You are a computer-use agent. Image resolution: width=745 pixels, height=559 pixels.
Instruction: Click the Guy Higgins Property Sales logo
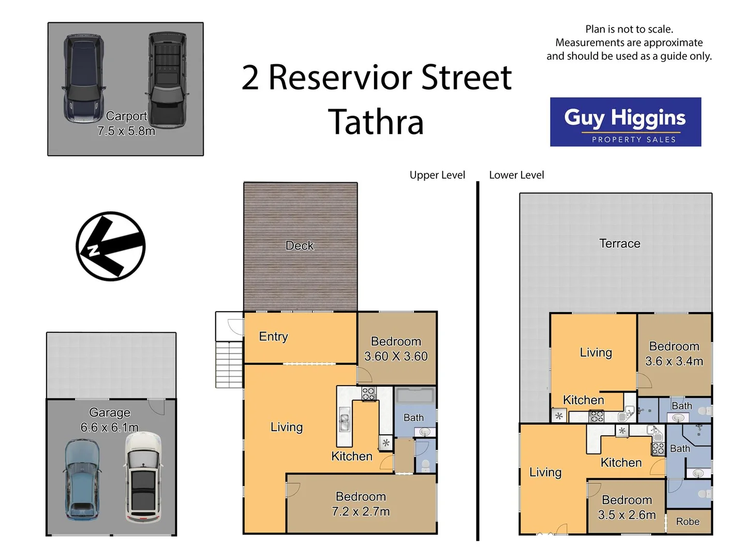click(625, 122)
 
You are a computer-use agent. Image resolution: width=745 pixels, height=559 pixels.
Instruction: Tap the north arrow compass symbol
click(110, 246)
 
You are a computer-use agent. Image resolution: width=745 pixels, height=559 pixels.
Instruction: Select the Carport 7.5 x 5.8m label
click(126, 124)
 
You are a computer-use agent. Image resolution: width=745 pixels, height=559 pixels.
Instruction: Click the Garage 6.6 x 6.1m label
click(109, 420)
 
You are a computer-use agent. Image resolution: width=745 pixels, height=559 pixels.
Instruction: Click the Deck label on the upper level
click(300, 246)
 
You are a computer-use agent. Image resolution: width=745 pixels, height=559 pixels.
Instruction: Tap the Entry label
click(273, 337)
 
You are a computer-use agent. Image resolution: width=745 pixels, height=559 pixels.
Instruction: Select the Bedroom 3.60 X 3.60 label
click(396, 349)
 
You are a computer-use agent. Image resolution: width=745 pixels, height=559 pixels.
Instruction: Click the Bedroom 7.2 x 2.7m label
click(361, 504)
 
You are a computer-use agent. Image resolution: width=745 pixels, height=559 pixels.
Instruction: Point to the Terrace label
click(619, 244)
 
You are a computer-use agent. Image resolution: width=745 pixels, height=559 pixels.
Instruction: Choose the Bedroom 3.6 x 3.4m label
click(674, 354)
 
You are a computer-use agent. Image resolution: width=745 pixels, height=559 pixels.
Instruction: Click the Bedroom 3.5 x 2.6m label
click(627, 507)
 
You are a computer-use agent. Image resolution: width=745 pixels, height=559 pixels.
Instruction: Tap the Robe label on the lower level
click(688, 522)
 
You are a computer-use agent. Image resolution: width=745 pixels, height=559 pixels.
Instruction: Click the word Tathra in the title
click(376, 122)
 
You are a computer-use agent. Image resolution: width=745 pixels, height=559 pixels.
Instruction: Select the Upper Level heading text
click(437, 175)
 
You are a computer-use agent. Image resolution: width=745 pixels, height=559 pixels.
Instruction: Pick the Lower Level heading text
click(516, 175)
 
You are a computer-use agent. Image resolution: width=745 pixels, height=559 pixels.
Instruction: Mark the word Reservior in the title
click(339, 78)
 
